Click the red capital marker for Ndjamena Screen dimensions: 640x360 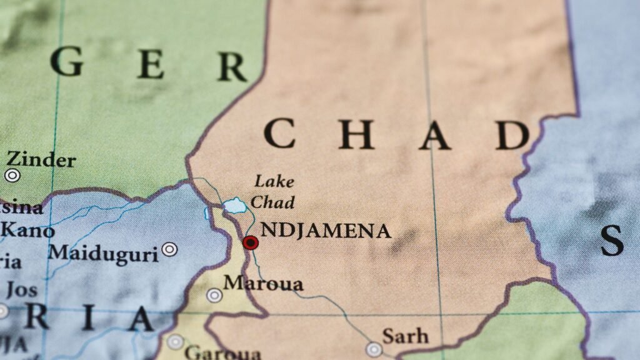coord(251,242)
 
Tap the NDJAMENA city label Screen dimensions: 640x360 coord(326,231)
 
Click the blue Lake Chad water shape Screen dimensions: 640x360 coord(234,205)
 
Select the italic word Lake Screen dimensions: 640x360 coord(273,182)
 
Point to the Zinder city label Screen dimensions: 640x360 coord(41,160)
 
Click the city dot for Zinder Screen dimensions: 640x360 coord(12,176)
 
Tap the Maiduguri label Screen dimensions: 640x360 coord(104,254)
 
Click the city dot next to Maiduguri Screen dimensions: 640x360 coord(169,249)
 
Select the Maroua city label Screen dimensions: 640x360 coord(263,284)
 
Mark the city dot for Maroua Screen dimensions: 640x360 coord(214,295)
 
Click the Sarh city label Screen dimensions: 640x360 coord(405,336)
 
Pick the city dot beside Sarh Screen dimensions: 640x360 coord(374,349)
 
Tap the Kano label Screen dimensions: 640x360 coord(28,231)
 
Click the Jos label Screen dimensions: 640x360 coord(22,290)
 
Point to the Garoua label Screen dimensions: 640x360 coord(222,352)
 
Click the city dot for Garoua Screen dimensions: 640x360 coord(176,342)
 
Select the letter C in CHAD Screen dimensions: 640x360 coord(279,134)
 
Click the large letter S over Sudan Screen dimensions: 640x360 coord(612,240)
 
